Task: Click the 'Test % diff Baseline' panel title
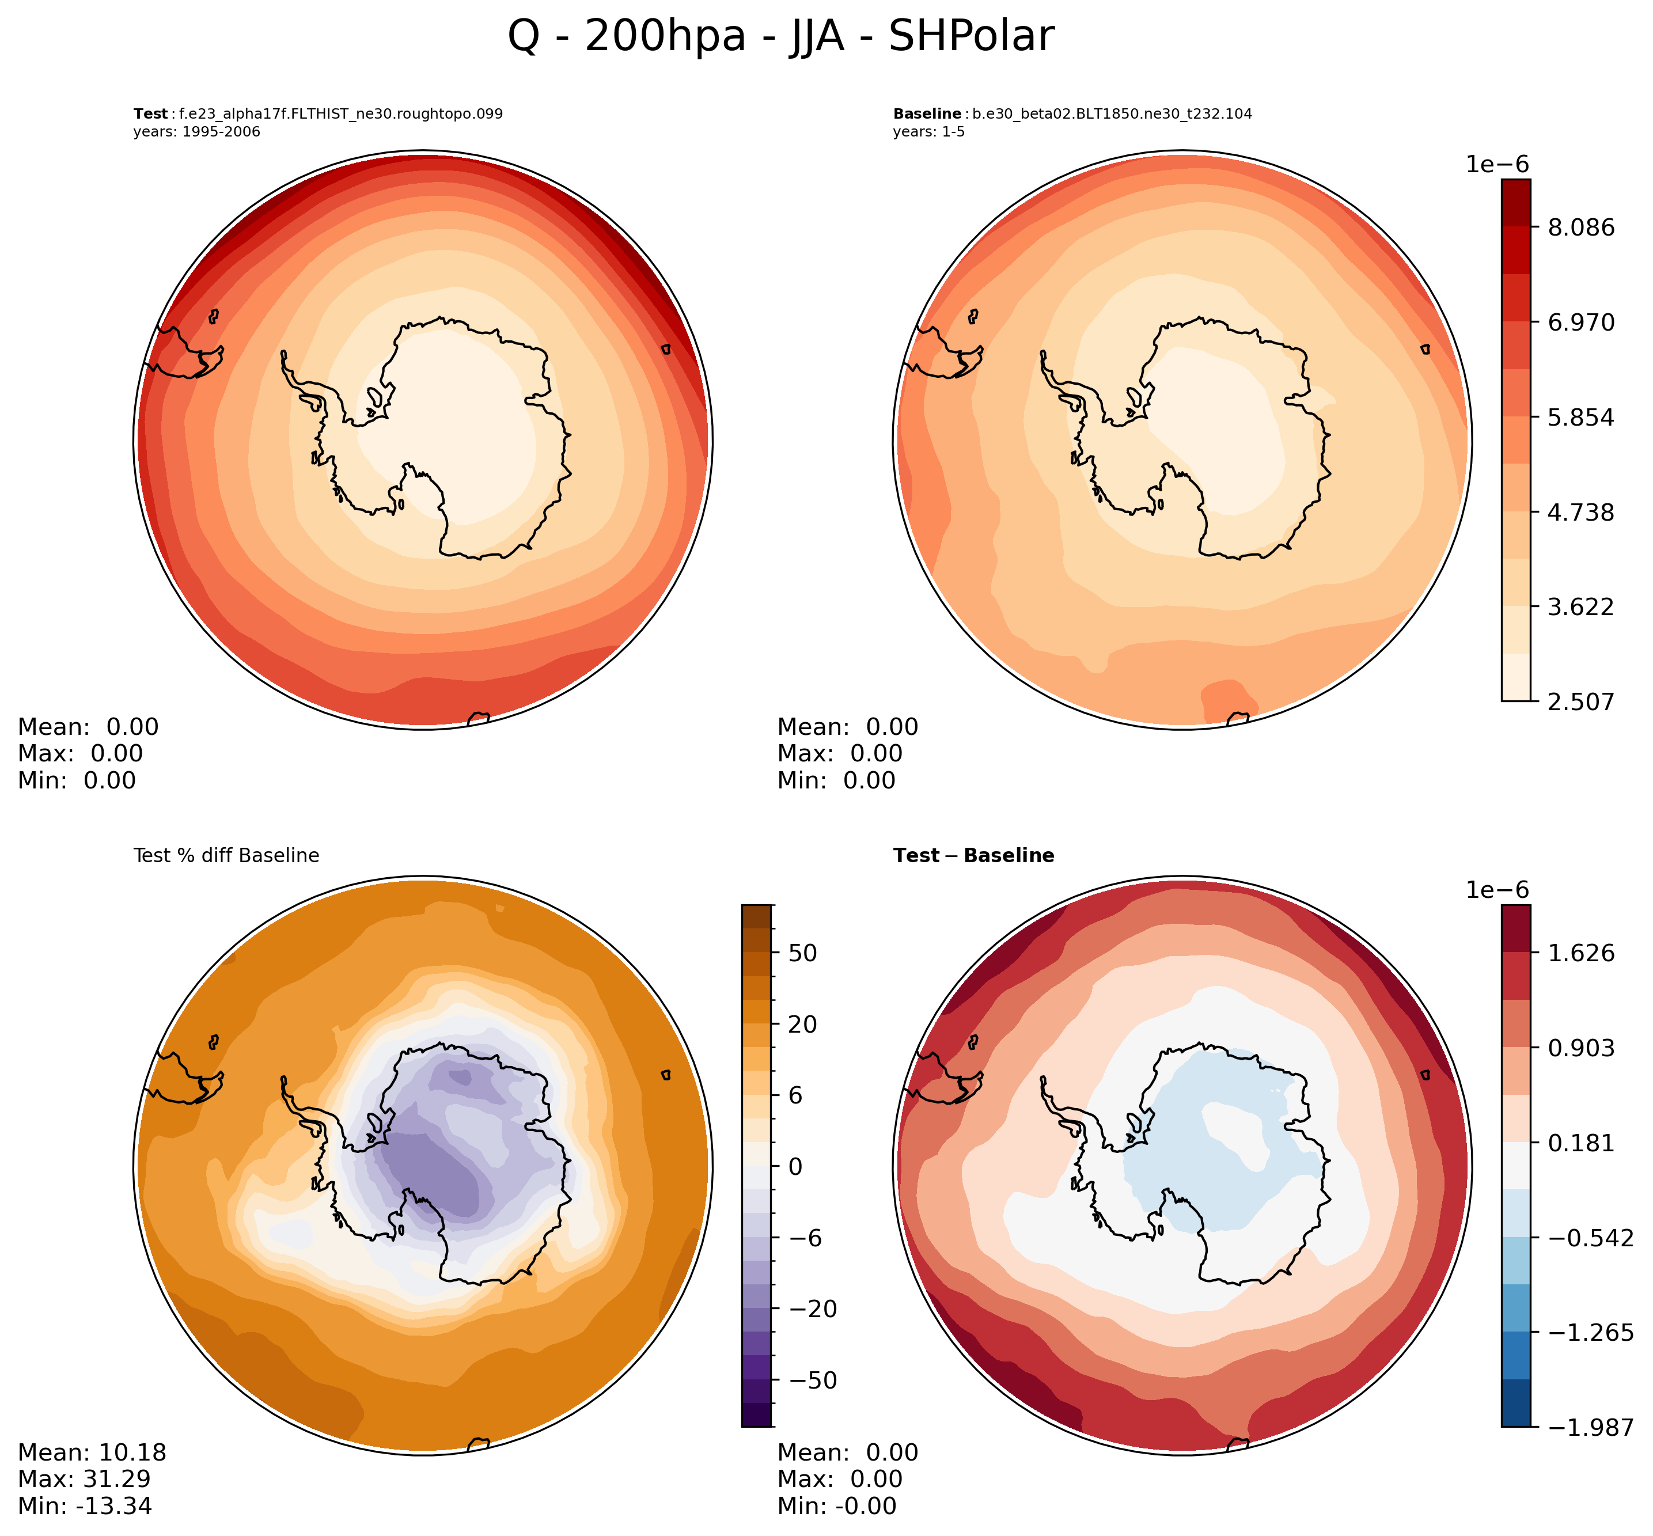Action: click(x=226, y=856)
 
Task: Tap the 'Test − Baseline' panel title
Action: click(x=973, y=856)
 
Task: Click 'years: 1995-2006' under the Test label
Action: click(x=196, y=132)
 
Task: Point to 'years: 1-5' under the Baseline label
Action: click(x=928, y=132)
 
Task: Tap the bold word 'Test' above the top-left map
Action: click(x=150, y=114)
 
